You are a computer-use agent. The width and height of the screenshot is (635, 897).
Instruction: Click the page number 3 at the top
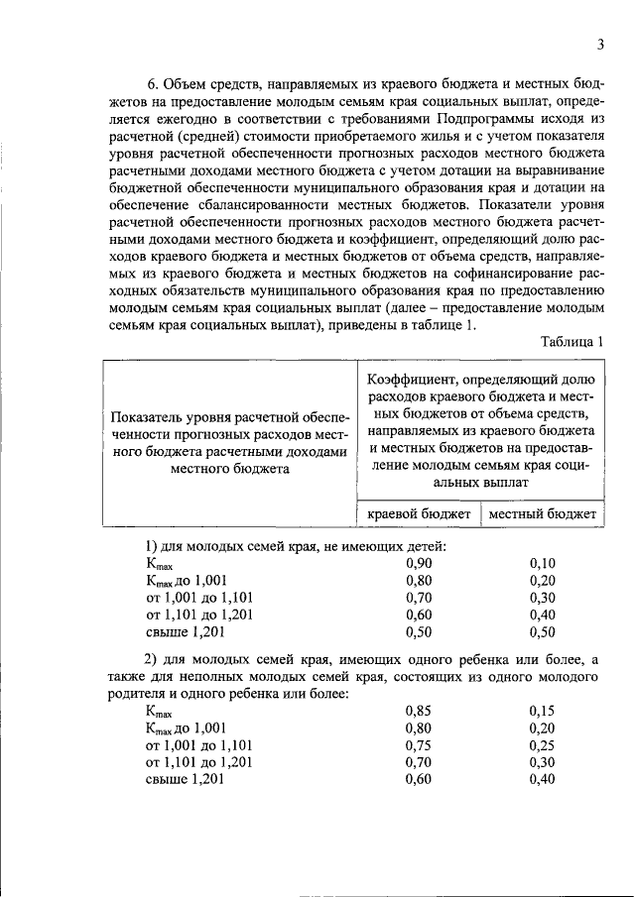[x=601, y=44]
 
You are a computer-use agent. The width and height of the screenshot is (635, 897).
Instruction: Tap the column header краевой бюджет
[x=419, y=513]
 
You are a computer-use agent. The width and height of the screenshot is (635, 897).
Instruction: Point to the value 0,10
[x=543, y=563]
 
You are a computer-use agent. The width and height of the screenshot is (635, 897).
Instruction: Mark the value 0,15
[x=543, y=711]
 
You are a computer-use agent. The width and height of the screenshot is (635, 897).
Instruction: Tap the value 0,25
[x=543, y=744]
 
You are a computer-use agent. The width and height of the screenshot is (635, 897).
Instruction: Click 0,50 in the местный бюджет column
[x=543, y=630]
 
